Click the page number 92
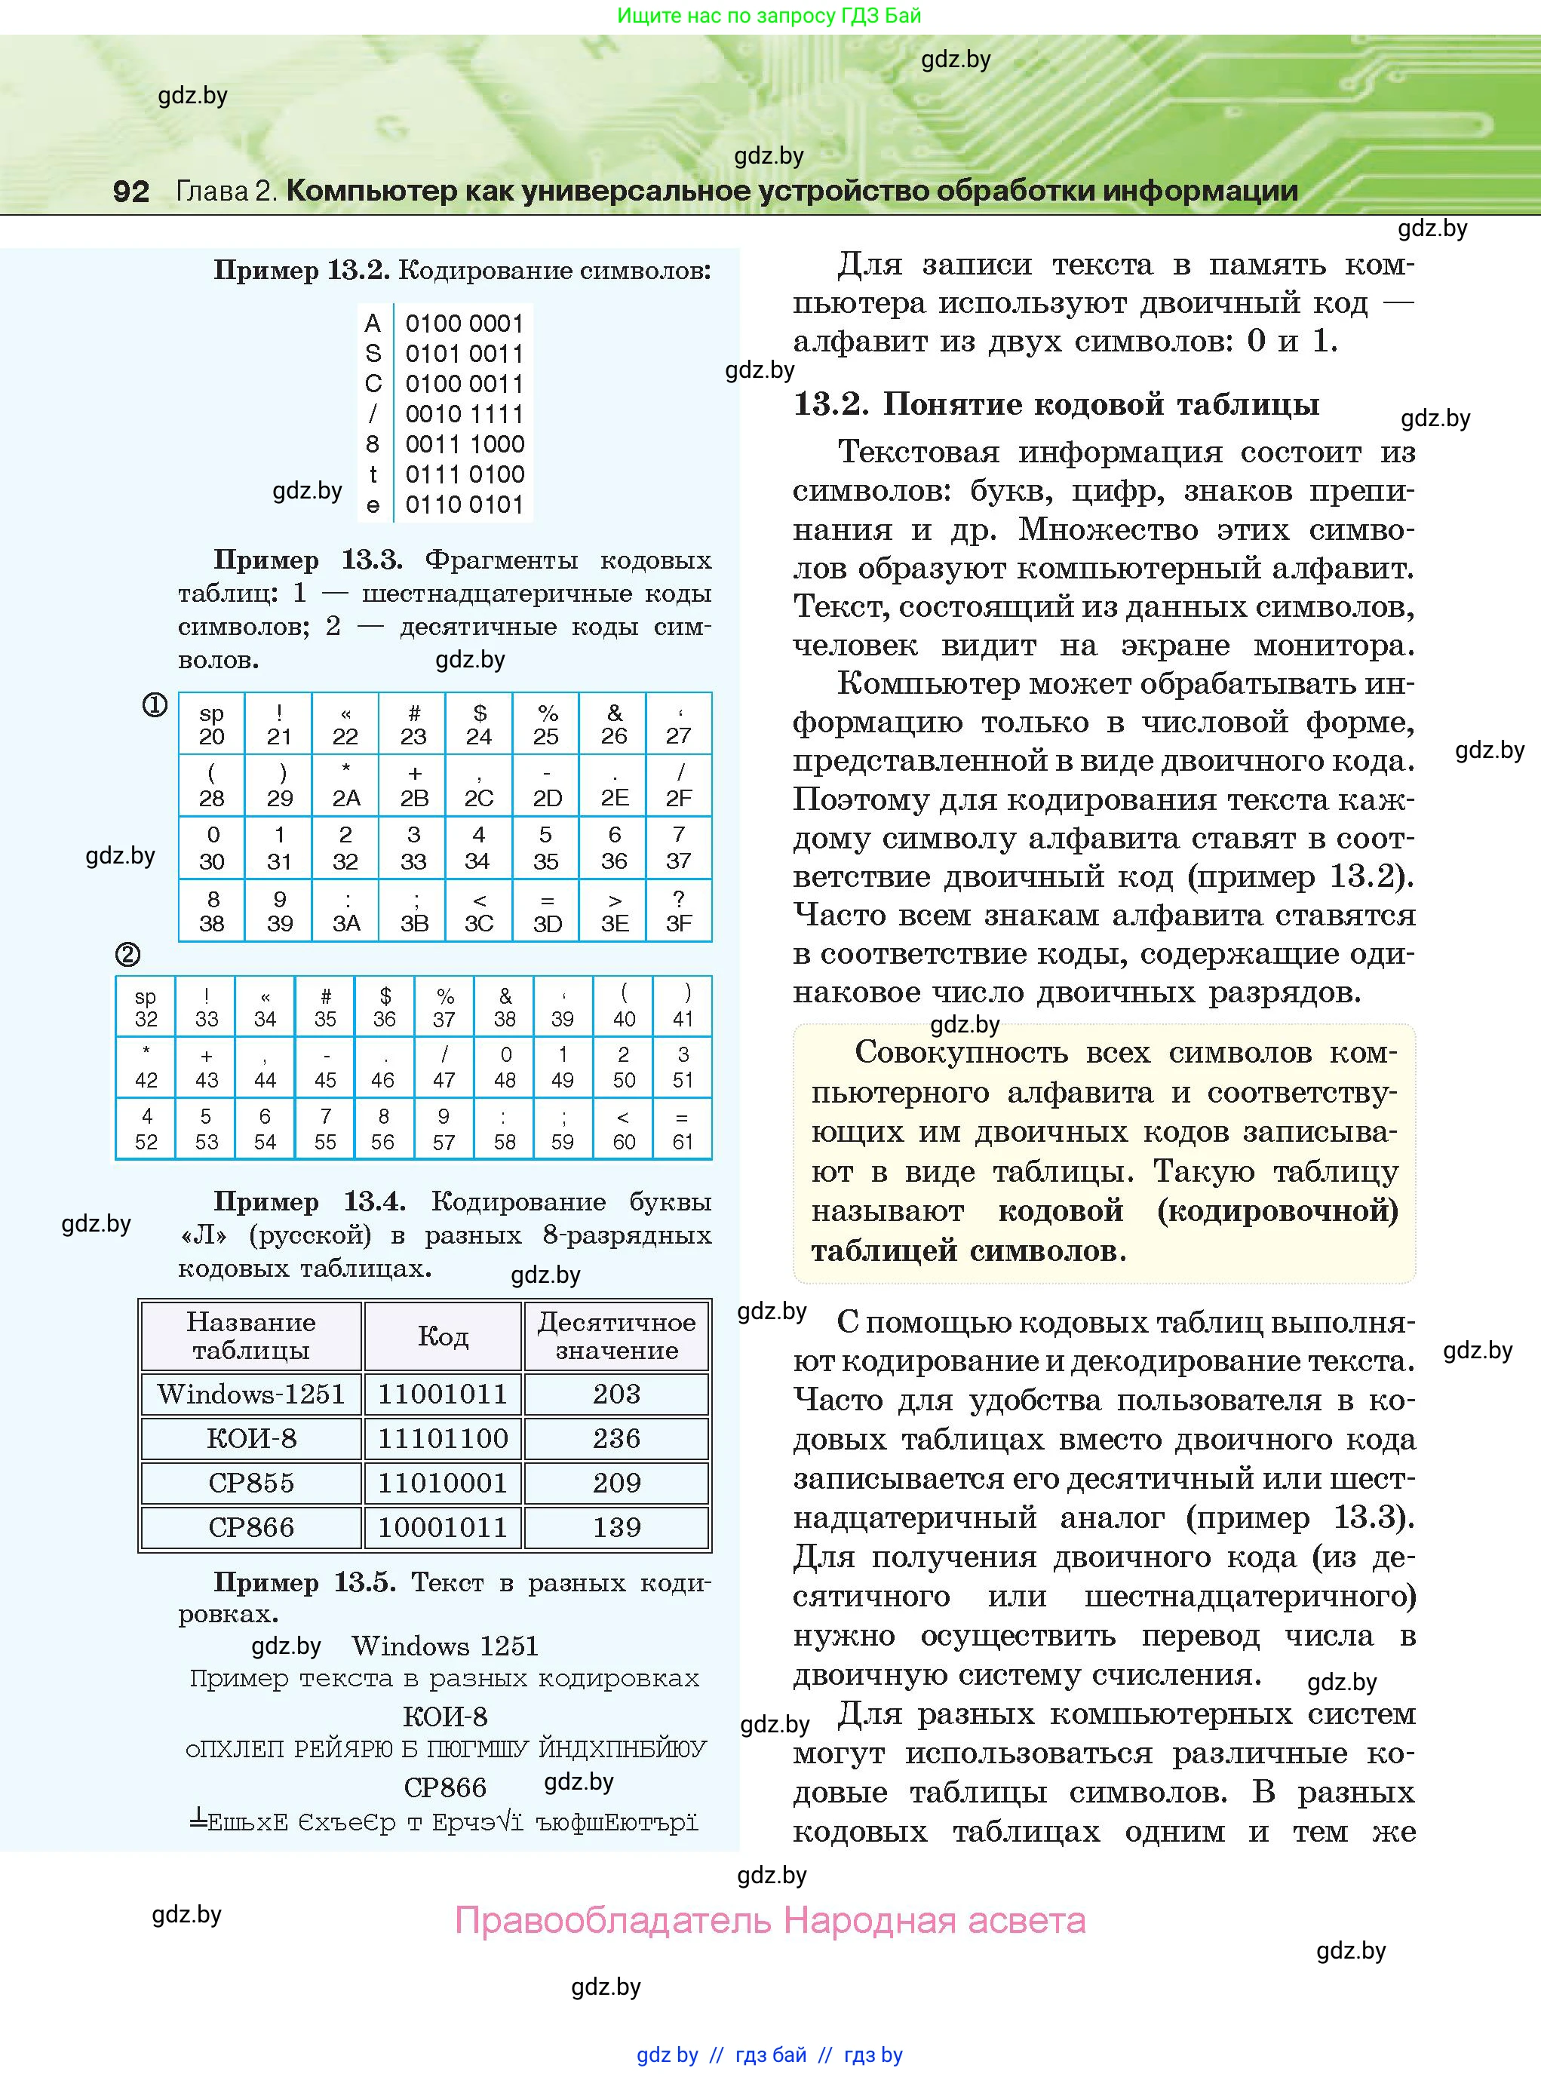point(130,191)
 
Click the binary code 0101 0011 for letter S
point(464,354)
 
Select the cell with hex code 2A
point(346,786)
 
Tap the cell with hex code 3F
point(678,911)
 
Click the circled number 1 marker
point(154,706)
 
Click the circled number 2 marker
point(127,955)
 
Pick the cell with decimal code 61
point(683,1129)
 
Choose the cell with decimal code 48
point(505,1068)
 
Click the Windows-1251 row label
point(251,1394)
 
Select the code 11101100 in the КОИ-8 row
point(442,1438)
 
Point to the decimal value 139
point(616,1526)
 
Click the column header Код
point(442,1336)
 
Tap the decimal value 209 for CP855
point(616,1483)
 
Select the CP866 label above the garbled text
point(445,1787)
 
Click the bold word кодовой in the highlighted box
point(1060,1210)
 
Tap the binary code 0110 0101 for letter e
point(464,505)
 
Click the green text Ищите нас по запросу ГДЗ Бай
point(769,16)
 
